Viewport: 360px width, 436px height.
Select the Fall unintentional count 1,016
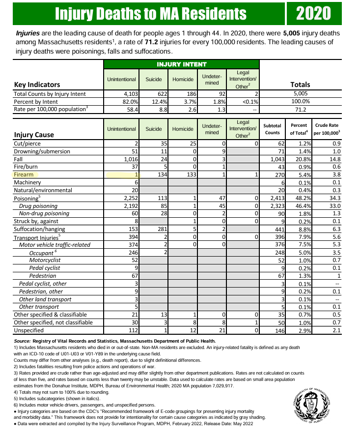[x=130, y=159]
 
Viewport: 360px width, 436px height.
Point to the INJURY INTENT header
[x=181, y=64]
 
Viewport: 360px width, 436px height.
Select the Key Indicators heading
[x=37, y=84]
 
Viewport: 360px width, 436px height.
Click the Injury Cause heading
[x=34, y=134]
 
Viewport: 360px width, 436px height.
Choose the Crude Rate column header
[x=328, y=129]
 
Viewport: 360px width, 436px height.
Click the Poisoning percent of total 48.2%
[x=299, y=198]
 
